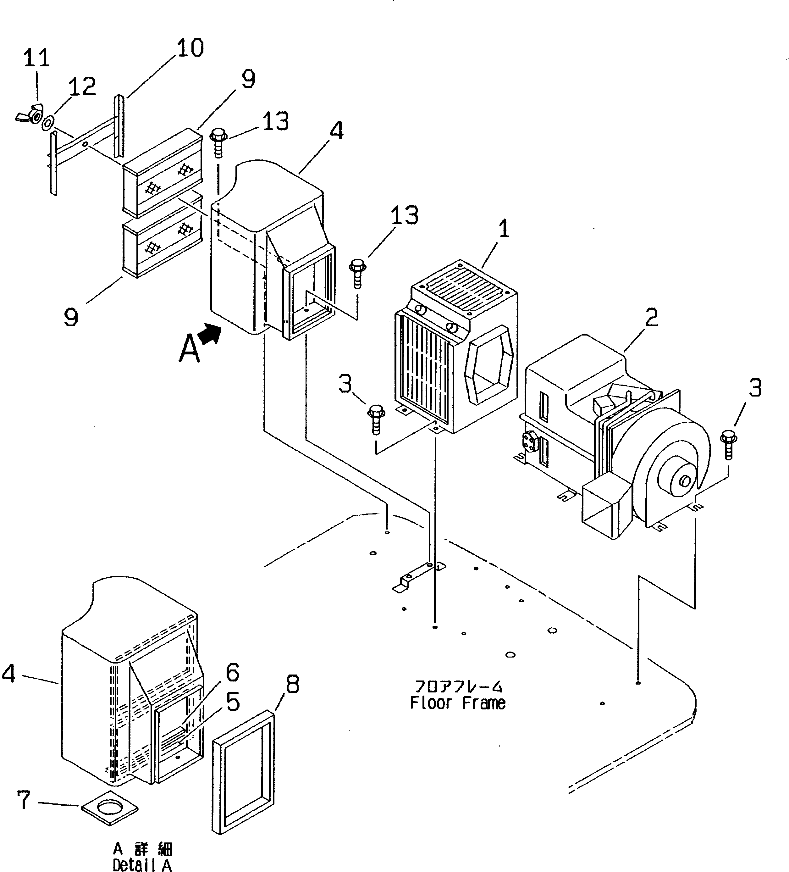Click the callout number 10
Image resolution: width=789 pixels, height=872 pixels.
coord(190,47)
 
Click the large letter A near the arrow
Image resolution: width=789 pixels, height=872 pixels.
coord(189,349)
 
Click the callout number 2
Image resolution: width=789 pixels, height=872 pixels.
coord(651,318)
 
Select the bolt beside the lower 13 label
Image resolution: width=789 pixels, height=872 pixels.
coord(357,273)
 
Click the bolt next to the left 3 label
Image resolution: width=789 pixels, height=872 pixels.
coord(376,418)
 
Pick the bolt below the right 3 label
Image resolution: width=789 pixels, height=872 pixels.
coord(728,445)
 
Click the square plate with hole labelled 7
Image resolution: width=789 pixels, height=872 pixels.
coord(110,808)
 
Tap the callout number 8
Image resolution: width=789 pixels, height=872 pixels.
coord(292,685)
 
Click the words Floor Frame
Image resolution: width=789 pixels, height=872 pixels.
coord(458,703)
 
